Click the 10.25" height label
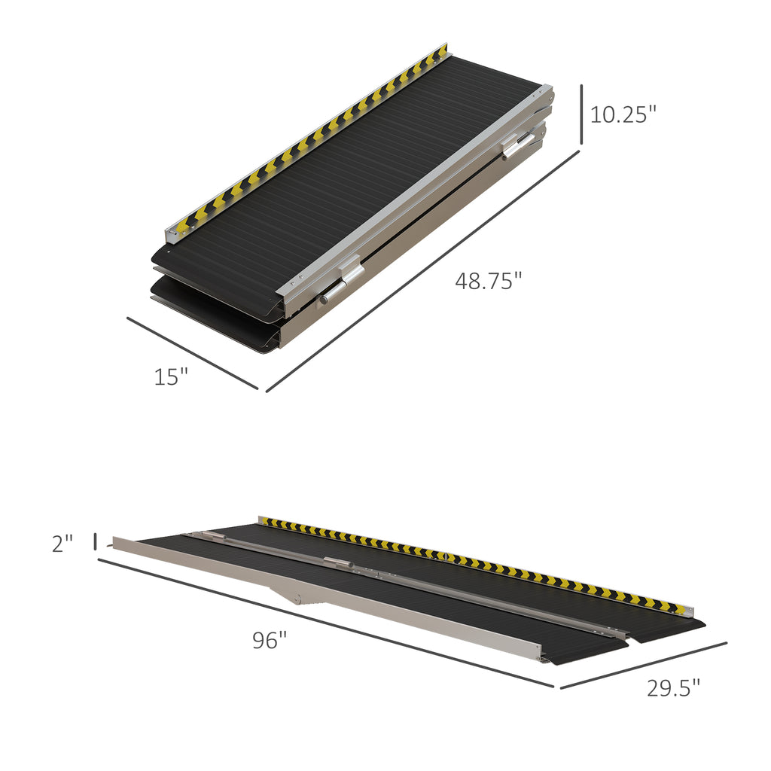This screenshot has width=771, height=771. [x=623, y=114]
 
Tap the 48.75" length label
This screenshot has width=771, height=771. [x=488, y=281]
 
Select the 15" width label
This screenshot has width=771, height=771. [x=171, y=376]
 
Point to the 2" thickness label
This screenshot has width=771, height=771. [x=62, y=544]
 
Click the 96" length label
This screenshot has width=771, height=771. [x=270, y=641]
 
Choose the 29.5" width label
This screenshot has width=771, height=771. [x=673, y=687]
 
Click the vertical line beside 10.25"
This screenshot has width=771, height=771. [x=581, y=114]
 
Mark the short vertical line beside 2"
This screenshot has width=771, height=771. [x=96, y=541]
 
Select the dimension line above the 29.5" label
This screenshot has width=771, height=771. [x=644, y=665]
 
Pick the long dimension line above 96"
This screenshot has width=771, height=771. [x=324, y=622]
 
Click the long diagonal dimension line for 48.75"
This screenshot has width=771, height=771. [x=422, y=272]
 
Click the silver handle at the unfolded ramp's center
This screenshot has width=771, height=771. [x=339, y=562]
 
